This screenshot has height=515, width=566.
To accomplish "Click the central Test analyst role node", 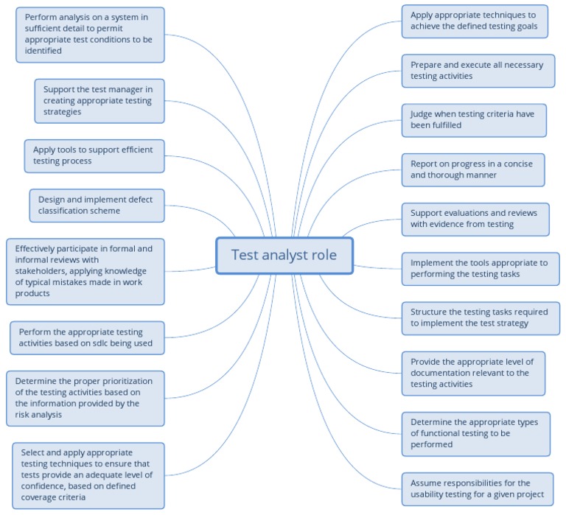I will (284, 255).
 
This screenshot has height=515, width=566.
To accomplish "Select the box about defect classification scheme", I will (97, 205).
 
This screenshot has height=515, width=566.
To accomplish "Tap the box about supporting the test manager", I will (99, 101).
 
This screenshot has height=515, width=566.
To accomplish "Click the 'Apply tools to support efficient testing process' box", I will (94, 155).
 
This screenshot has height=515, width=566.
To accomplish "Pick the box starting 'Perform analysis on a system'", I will (90, 34).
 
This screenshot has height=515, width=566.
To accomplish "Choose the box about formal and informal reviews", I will (85, 271).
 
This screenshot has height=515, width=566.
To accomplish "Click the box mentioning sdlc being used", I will (87, 337).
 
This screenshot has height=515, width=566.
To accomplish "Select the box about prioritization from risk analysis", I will (85, 398).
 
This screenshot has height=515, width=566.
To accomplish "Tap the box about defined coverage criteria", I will (88, 474).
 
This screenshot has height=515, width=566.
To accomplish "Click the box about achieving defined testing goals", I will (479, 21).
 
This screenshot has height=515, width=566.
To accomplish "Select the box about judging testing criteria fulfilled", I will (474, 119).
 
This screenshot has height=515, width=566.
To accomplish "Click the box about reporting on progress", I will (473, 169).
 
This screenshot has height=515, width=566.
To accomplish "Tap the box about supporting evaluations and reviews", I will (475, 219).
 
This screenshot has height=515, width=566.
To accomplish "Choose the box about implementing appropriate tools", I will (481, 268).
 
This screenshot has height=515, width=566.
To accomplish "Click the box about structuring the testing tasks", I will (481, 318).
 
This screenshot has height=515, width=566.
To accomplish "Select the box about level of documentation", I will (473, 373).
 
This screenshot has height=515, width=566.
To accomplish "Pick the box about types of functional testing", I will (475, 433).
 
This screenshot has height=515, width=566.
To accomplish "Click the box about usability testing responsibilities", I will (478, 488).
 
